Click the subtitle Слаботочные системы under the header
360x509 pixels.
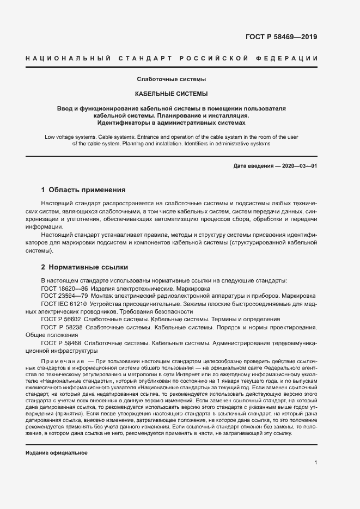pyautogui.click(x=172, y=79)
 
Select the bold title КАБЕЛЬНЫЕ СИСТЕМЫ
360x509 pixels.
pyautogui.click(x=172, y=94)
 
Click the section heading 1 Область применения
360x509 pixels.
pyautogui.click(x=83, y=190)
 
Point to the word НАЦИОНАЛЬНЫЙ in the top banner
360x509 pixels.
pyautogui.click(x=65, y=58)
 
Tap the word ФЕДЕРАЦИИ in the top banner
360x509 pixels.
pyautogui.click(x=295, y=58)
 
